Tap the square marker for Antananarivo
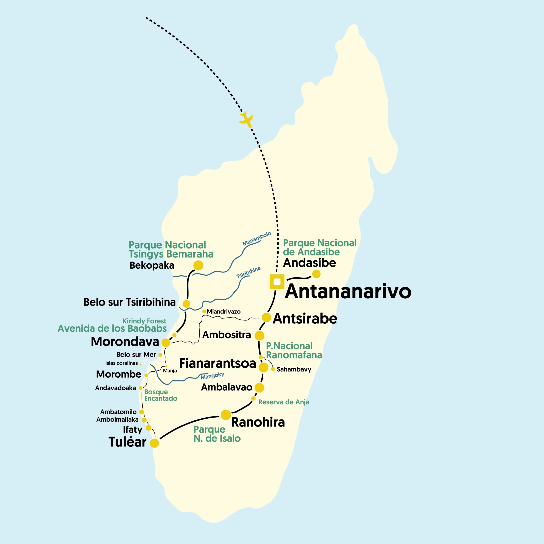point(277,282)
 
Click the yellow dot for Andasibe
point(316,274)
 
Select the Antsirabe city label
point(305,319)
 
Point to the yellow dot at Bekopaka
point(198,265)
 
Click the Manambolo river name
point(256,238)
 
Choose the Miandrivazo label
point(224,312)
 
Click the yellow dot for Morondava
point(166,343)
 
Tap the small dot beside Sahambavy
point(273,369)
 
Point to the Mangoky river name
point(212,376)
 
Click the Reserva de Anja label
point(283,402)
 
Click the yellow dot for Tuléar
point(154,443)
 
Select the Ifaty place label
point(132,429)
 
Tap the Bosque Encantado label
point(160,395)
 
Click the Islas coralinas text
point(121,363)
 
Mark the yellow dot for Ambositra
point(259,335)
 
